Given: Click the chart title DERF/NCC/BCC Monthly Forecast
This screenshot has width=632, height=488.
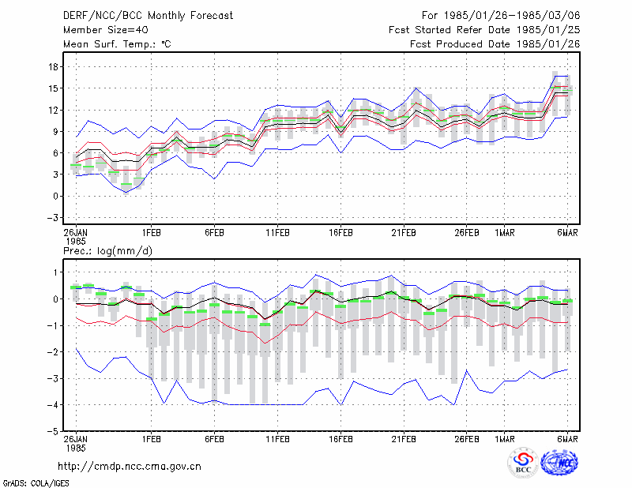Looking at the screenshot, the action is [x=148, y=16].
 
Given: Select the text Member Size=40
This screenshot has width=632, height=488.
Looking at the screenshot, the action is [x=106, y=30].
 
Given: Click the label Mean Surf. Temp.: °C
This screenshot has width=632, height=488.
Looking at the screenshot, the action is [x=117, y=44].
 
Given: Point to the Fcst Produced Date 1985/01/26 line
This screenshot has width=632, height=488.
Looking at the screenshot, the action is [x=495, y=44].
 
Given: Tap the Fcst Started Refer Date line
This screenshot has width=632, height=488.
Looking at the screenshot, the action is [x=484, y=30].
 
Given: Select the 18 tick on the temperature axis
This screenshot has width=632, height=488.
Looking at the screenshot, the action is [x=54, y=67].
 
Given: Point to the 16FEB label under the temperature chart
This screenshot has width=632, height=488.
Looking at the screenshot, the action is [x=340, y=233].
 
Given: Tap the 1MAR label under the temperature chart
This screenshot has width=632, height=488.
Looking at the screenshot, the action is [x=505, y=233].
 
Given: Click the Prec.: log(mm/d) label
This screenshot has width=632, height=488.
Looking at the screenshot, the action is [x=107, y=251].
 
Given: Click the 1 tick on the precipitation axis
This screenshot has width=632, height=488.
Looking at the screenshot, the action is [x=56, y=272].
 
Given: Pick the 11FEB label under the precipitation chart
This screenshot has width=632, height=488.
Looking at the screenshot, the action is [x=277, y=439].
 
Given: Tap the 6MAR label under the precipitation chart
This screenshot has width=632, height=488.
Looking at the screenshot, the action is [x=567, y=439].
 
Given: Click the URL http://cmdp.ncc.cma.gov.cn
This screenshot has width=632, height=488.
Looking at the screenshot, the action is [x=130, y=467].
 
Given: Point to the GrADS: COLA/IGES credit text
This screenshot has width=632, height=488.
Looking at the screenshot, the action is [x=36, y=483].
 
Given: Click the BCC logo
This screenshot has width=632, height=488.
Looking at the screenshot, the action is [x=523, y=463].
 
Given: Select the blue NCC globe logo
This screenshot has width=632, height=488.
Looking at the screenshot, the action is [x=559, y=462].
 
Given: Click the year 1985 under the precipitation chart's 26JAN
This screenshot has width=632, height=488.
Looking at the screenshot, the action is [x=76, y=448].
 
